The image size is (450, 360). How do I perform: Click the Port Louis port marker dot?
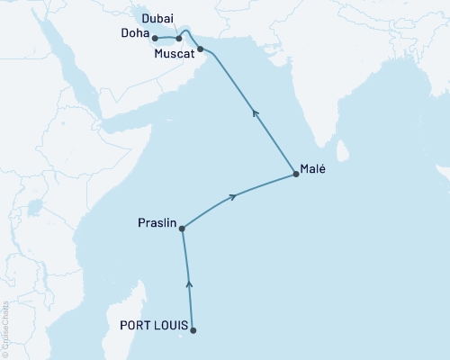(x=193, y=329)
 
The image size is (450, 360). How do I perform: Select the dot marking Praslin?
(x=183, y=229)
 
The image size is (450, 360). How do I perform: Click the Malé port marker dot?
(x=295, y=175)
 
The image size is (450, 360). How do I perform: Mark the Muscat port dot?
(x=200, y=49)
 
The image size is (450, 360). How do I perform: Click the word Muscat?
(x=173, y=55)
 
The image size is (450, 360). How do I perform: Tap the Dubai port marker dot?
(x=179, y=38)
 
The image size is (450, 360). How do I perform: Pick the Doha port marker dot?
(x=156, y=38)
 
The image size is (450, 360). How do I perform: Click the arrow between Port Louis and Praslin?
(x=188, y=283)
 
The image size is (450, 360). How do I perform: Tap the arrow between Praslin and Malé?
(x=235, y=195)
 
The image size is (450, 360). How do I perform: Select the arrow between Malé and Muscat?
(x=255, y=112)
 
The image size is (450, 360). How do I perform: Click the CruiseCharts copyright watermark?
(x=5, y=328)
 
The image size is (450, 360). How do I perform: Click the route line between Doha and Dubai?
(x=167, y=38)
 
